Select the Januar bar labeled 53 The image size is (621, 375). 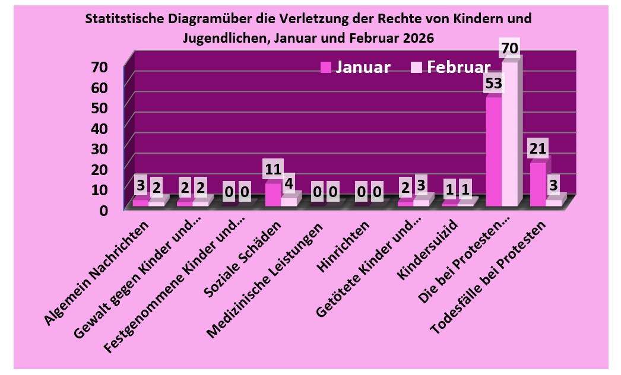[x=493, y=151]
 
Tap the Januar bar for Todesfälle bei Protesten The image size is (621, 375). [x=537, y=184]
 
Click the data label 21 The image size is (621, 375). [x=539, y=148]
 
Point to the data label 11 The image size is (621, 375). [x=273, y=169]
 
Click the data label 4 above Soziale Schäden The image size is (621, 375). [x=289, y=183]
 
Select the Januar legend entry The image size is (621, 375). [x=355, y=67]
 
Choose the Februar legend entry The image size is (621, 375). [x=451, y=67]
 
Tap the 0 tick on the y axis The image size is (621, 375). [x=103, y=209]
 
